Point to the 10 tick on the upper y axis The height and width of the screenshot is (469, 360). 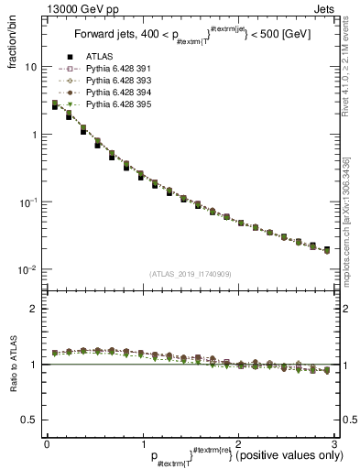(x=30, y=68)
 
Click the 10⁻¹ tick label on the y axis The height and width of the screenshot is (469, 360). (x=28, y=202)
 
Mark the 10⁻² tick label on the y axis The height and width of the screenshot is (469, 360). (x=28, y=270)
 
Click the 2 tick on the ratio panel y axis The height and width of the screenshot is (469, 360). (x=34, y=309)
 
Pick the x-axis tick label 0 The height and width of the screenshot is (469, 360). (x=46, y=444)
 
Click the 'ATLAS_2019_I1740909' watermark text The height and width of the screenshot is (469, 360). (x=190, y=274)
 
